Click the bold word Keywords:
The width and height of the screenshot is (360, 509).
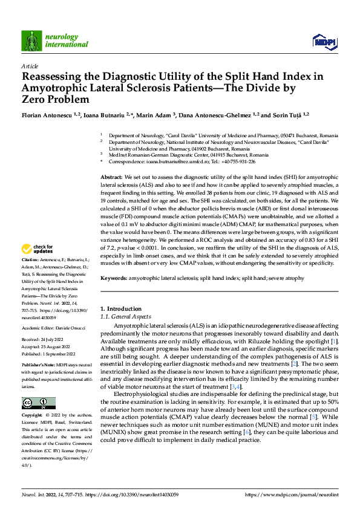(x=114, y=277)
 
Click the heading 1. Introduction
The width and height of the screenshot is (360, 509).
(x=120, y=308)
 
